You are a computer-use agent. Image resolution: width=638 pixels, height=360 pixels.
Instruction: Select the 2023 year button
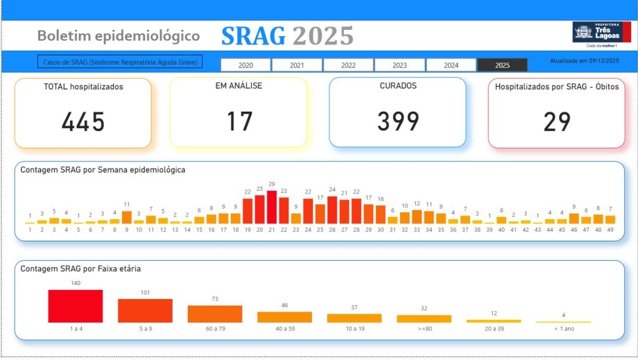pos(399,65)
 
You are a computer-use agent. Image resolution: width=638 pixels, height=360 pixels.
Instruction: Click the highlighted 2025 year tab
pos(502,65)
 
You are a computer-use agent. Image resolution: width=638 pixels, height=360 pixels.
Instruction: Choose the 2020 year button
pos(245,65)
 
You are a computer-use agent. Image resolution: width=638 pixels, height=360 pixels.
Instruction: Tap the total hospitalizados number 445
pos(83,122)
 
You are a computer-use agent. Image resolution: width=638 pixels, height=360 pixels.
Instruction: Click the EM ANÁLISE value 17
pos(239,122)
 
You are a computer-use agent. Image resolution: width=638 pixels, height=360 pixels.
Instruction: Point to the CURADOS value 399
pos(398,122)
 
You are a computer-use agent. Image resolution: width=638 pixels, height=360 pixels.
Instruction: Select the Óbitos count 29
pos(557,122)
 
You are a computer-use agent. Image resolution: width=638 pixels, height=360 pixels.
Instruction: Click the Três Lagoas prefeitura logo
pos(592,33)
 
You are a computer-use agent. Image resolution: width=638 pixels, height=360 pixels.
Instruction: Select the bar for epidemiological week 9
pos(127,217)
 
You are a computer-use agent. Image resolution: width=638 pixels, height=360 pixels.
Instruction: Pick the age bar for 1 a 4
pos(76,306)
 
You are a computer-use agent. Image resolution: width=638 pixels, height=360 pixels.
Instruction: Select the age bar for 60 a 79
pos(215,314)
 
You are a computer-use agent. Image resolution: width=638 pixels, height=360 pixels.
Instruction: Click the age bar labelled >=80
pos(424,318)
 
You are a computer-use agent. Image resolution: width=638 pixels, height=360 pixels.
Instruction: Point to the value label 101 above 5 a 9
pos(145,293)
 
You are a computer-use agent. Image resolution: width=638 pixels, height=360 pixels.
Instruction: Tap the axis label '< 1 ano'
pos(563,329)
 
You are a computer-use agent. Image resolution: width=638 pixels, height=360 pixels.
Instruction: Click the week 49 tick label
pos(610,230)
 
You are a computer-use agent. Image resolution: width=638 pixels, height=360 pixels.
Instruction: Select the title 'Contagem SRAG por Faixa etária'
pos(81,268)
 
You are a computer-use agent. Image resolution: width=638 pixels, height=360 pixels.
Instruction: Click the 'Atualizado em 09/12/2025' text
pos(584,61)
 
